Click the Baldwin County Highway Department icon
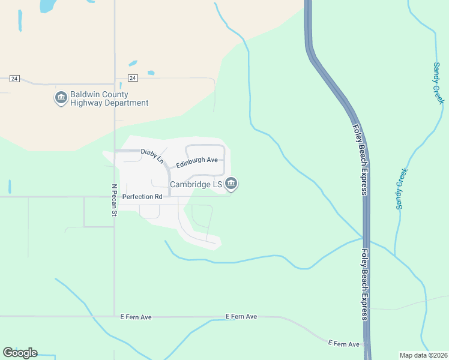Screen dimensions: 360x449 pos(61,98)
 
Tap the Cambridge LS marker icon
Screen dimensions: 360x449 pos(232,184)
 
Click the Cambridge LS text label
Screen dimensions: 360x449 pos(196,184)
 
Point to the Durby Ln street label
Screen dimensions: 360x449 pos(152,156)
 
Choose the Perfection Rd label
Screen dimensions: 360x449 pos(142,196)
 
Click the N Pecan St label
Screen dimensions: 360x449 pos(113,199)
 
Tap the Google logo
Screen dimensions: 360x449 pos(20,352)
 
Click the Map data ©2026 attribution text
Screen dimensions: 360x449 pos(423,355)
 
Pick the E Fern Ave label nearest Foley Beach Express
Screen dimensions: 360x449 pos(343,344)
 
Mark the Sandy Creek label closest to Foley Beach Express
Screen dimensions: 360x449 pos(402,188)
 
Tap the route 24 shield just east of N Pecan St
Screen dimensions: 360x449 pos(133,78)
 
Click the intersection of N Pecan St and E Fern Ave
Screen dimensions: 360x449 pos(114,316)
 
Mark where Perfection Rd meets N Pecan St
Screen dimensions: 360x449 pos(115,196)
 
